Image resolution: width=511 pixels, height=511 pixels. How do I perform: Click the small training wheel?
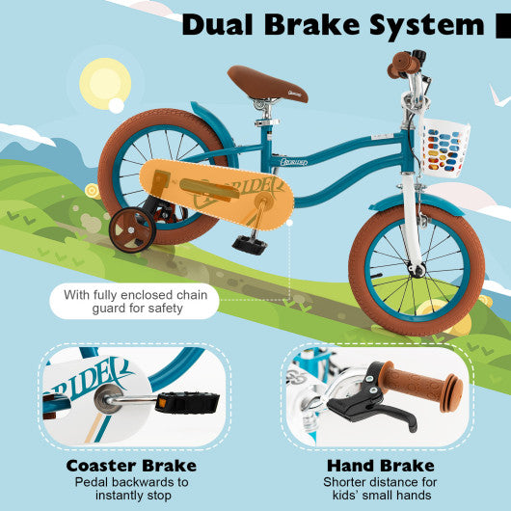131,231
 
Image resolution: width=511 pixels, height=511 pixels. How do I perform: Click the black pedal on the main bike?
250,245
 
